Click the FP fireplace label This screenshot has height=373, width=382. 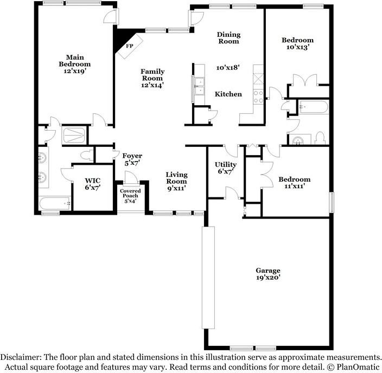[x=130, y=46]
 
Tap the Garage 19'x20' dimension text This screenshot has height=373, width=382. [x=268, y=278]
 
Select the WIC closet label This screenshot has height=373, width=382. [x=93, y=181]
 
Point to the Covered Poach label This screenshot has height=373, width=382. [x=130, y=194]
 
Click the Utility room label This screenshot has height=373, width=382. [x=226, y=165]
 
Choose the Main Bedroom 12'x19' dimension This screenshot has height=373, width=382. [x=75, y=71]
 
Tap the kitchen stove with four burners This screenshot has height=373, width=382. [x=258, y=97]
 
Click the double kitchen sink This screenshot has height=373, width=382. [x=200, y=87]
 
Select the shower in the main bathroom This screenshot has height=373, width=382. [x=74, y=135]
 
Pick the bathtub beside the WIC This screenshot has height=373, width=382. [x=55, y=203]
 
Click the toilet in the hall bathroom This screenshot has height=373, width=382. [x=320, y=138]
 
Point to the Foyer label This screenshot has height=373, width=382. [x=132, y=156]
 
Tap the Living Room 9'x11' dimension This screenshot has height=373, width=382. [x=177, y=188]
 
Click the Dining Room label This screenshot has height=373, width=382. [x=228, y=38]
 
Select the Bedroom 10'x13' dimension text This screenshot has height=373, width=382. [x=297, y=47]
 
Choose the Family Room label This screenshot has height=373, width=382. [x=152, y=75]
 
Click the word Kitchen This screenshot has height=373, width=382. [x=228, y=94]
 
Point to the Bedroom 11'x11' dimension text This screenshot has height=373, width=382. [x=295, y=186]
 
